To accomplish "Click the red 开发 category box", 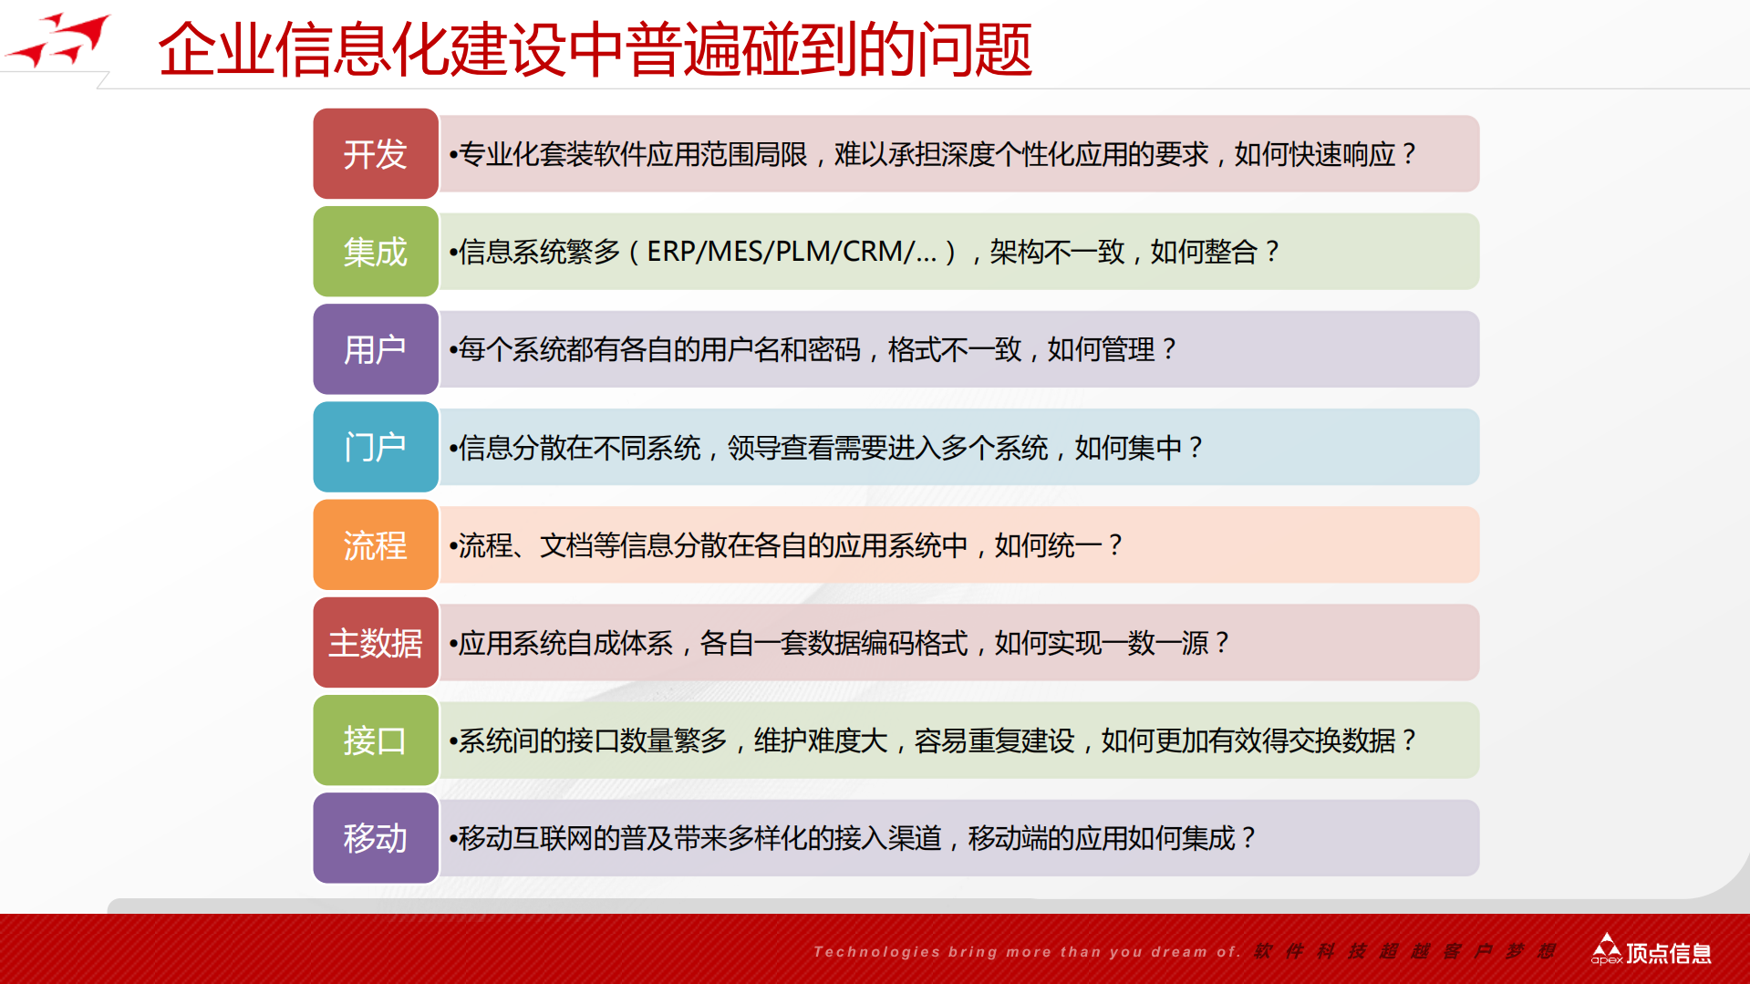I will pyautogui.click(x=376, y=154).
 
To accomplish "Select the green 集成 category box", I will pyautogui.click(x=376, y=252).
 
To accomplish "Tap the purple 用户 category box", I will pyautogui.click(x=376, y=349).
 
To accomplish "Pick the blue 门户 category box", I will pyautogui.click(x=376, y=447).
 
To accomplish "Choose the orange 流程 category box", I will pyautogui.click(x=376, y=545).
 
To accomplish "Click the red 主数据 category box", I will pyautogui.click(x=376, y=643).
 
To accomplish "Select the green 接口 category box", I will pyautogui.click(x=376, y=741).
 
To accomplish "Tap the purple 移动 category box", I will pyautogui.click(x=376, y=838).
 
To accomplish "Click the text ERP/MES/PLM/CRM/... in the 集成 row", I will pyautogui.click(x=791, y=252).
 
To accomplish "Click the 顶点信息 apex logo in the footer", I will pyautogui.click(x=1652, y=951).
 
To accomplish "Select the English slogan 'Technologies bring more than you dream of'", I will pyautogui.click(x=1026, y=952).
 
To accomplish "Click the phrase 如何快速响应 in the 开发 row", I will pyautogui.click(x=1314, y=154).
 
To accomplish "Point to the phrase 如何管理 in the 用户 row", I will pyautogui.click(x=1101, y=349).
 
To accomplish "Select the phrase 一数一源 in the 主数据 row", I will pyautogui.click(x=1155, y=643).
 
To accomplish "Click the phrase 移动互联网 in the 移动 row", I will pyautogui.click(x=524, y=838).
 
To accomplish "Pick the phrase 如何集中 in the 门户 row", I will pyautogui.click(x=1128, y=448).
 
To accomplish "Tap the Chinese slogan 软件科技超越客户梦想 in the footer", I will pyautogui.click(x=1404, y=952).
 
